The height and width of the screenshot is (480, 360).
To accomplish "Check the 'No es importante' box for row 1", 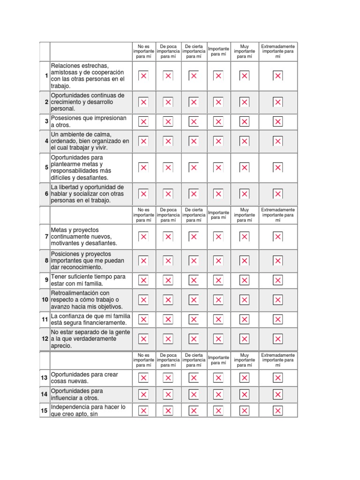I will coord(143,76).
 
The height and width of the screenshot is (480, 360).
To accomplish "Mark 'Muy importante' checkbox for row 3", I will coord(244,122).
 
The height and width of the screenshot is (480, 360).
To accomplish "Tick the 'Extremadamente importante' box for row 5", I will coord(278,168).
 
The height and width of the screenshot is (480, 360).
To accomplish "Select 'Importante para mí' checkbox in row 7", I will coord(218,237).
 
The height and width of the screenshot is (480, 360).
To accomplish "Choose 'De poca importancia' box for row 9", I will coord(168,280).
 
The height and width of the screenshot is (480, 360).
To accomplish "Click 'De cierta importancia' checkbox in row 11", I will coord(193,320).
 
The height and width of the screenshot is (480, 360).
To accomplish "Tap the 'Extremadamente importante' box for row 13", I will coord(278,378).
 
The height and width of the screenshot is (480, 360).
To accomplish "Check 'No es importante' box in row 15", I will coord(143,411).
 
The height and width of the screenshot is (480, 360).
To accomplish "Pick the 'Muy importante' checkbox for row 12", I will coord(244,339).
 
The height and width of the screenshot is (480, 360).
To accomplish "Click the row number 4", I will coord(46,141).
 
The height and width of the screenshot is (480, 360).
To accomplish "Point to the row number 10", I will coord(45,300).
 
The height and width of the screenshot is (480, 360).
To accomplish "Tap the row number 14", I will coord(45,394).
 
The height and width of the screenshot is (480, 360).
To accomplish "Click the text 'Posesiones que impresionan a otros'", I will coord(89,122).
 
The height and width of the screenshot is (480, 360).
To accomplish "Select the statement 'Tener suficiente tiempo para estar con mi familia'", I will coord(88,280).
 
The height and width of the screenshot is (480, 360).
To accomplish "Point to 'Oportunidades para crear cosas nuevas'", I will coord(84,378).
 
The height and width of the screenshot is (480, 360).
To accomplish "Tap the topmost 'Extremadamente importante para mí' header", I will coord(278,52).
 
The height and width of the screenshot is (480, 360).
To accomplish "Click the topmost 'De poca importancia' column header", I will coord(168,52).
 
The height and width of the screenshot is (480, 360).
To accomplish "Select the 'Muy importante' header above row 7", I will coord(244,215).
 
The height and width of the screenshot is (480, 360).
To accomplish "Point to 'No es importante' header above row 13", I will coord(143,360).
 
